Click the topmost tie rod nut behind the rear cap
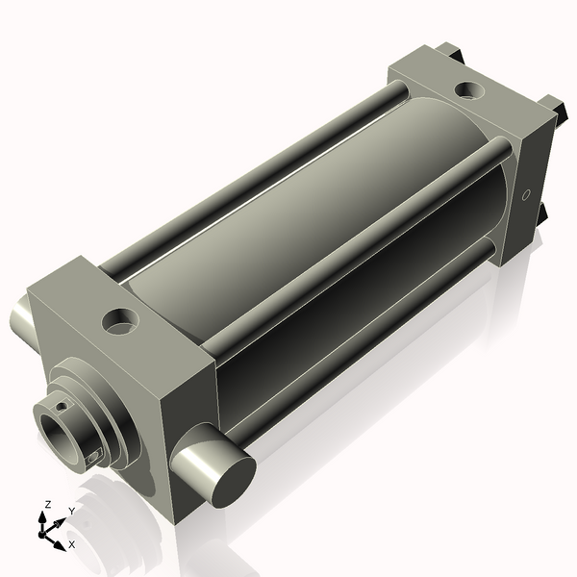point(447,49)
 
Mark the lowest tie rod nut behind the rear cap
point(541,210)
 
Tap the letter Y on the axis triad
point(71,511)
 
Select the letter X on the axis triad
point(71,544)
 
